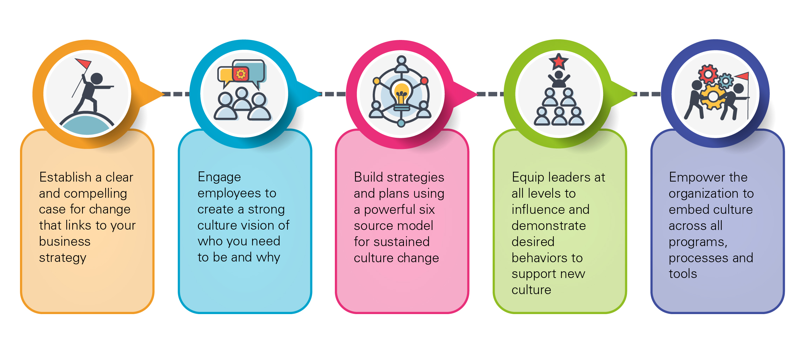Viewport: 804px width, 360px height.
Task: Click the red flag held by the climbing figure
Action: point(83,63)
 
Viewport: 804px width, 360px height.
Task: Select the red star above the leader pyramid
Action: point(559,62)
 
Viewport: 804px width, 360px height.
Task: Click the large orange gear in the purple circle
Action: point(713,97)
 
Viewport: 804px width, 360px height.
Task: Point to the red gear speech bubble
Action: point(241,74)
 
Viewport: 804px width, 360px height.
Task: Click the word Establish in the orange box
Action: point(66,177)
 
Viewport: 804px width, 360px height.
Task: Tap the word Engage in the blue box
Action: point(219,177)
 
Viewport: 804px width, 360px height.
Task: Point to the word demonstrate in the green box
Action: point(548,226)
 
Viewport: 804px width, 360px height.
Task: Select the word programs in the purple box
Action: point(697,242)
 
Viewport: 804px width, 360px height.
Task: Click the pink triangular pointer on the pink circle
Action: point(464,94)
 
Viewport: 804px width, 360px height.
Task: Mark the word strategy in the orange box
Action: point(62,258)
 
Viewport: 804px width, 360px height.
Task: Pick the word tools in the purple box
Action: point(682,274)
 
